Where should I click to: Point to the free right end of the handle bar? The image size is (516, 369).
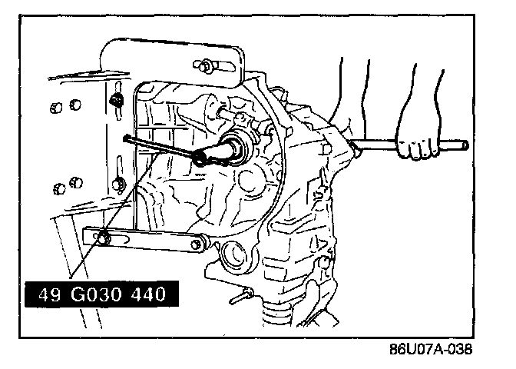coord(464,145)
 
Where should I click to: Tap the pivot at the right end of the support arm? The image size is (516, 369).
coord(199,244)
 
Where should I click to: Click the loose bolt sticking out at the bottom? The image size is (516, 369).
coord(244,294)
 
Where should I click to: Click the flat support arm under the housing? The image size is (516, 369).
coord(146,241)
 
